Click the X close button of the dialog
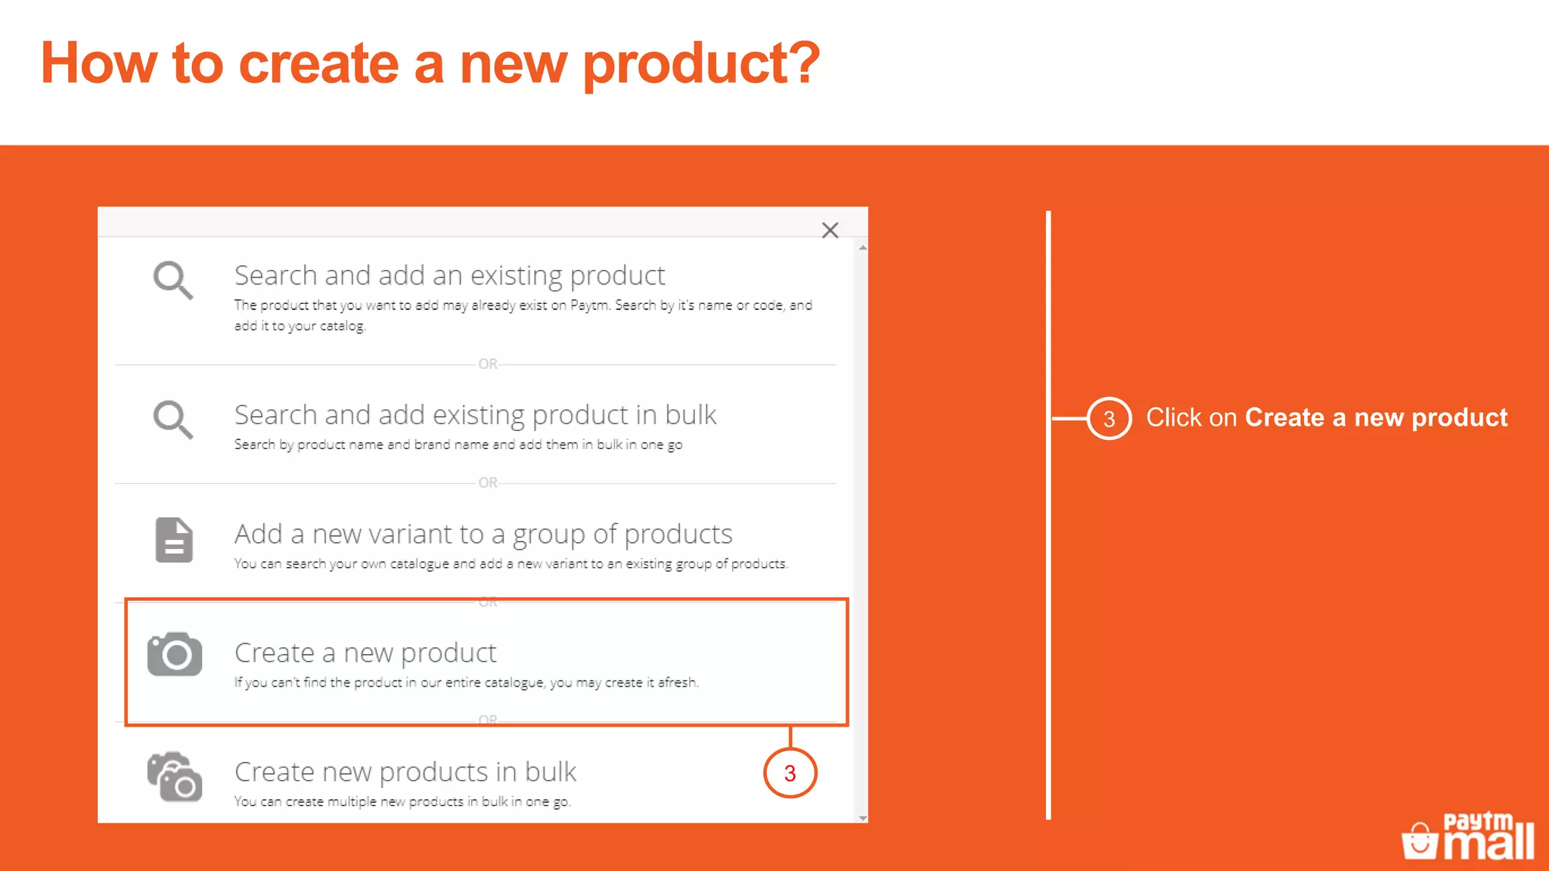(830, 231)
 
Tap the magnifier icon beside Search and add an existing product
(172, 281)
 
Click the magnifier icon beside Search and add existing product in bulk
(172, 420)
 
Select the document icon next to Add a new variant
(174, 540)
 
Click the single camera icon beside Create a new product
(175, 654)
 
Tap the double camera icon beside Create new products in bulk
(175, 776)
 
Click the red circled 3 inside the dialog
(790, 773)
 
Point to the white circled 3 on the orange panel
(1109, 418)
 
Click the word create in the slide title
(318, 64)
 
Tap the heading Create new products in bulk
(405, 772)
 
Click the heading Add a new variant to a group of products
(483, 534)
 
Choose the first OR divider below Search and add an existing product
(488, 364)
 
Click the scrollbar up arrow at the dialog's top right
(862, 248)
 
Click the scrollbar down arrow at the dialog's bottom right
(862, 818)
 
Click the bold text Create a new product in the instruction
(1376, 417)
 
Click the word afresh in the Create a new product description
(677, 683)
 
